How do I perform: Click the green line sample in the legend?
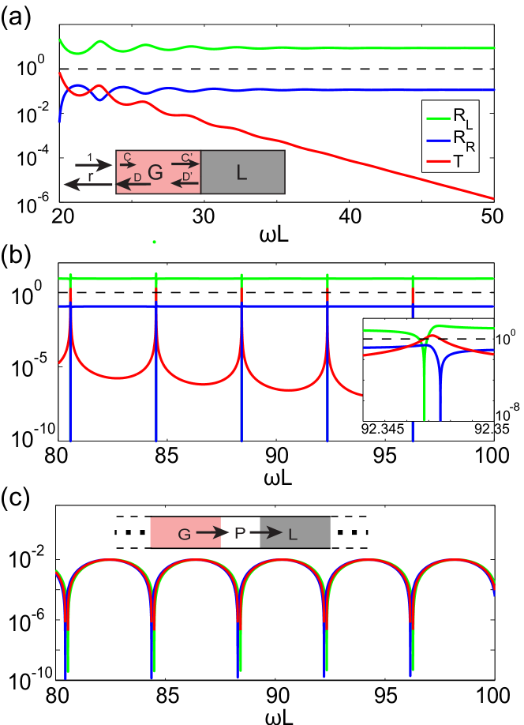click(438, 118)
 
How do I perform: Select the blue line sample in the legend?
click(438, 140)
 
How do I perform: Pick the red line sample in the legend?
click(438, 161)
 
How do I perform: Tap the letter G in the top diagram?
click(155, 173)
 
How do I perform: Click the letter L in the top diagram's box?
click(241, 173)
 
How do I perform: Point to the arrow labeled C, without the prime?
click(127, 164)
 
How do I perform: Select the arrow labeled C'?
click(185, 164)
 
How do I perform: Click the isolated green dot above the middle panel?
click(154, 242)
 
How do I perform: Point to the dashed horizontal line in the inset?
click(395, 339)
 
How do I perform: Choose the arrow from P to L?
click(266, 534)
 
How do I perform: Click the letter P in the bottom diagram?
click(240, 534)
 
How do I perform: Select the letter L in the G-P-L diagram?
click(293, 535)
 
